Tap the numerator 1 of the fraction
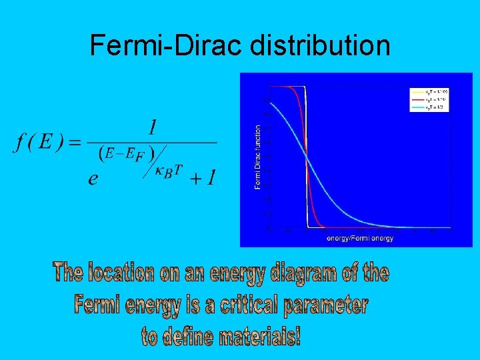[153, 127]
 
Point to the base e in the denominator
[93, 179]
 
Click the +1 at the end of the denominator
[203, 178]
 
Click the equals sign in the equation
[74, 143]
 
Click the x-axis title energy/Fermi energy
[359, 238]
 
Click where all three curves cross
[307, 156]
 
